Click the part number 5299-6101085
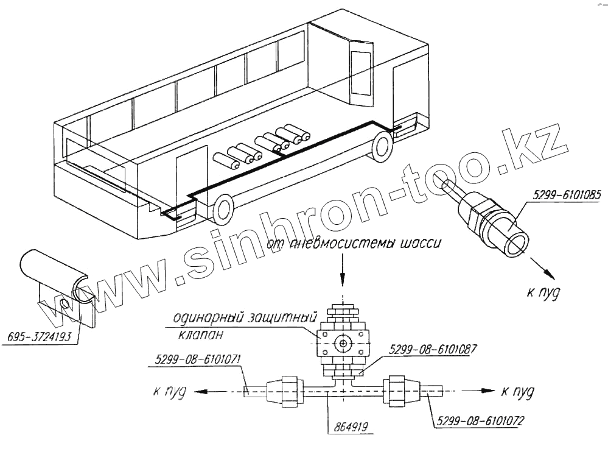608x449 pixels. point(566,196)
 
